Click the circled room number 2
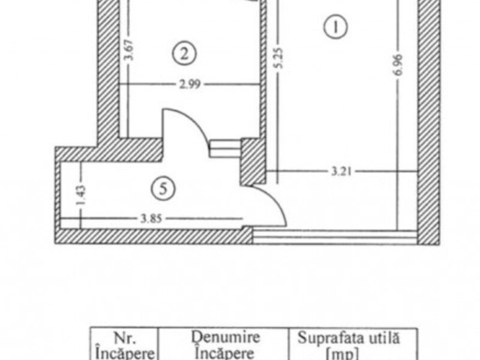tap(184, 53)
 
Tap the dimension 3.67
tap(126, 51)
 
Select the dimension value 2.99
tap(189, 85)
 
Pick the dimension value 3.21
tap(342, 172)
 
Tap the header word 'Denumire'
tap(223, 337)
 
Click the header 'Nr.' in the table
tap(124, 337)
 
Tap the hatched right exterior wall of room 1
tap(428, 120)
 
